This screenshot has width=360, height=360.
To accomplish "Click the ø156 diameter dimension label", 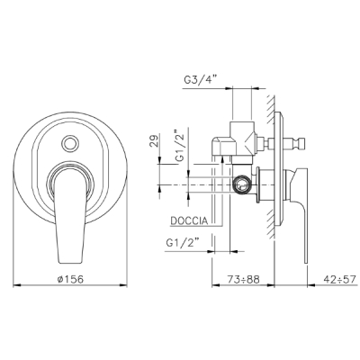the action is pyautogui.click(x=70, y=279).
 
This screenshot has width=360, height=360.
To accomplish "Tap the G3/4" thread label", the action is pyautogui.click(x=200, y=80).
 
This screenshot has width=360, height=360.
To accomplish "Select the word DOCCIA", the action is pyautogui.click(x=189, y=220).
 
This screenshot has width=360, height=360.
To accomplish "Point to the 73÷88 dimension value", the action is pyautogui.click(x=243, y=279).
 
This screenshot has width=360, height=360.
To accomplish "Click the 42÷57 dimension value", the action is pyautogui.click(x=340, y=279).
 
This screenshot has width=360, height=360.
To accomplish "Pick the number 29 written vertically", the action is pyautogui.click(x=153, y=141).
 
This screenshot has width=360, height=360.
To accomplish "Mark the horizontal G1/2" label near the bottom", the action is pyautogui.click(x=183, y=242).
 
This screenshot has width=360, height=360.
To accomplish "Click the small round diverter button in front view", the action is pyautogui.click(x=70, y=143).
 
